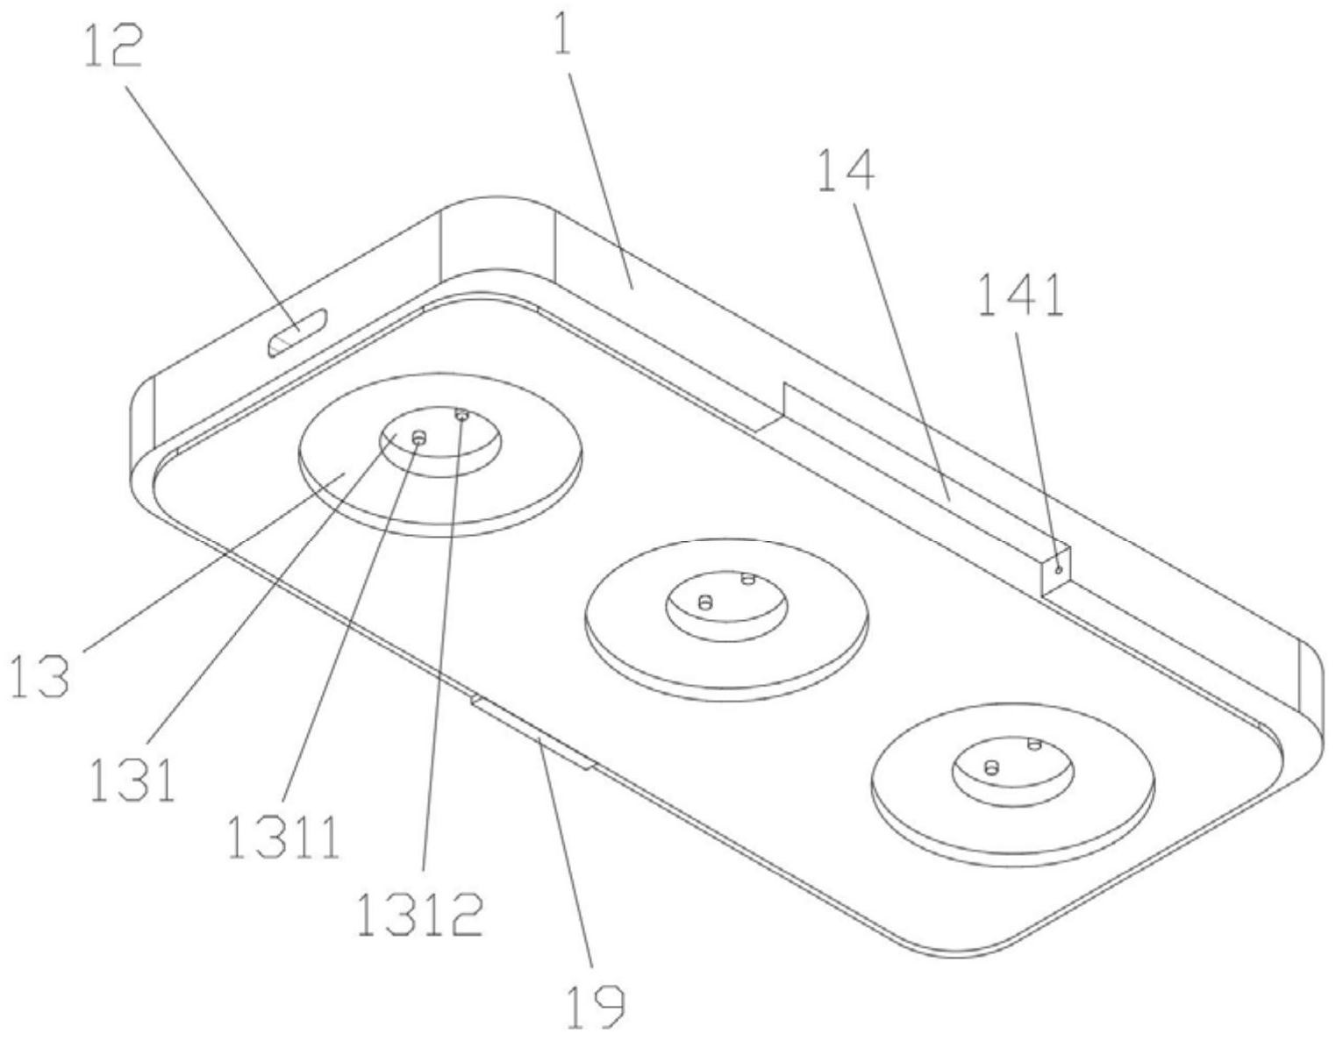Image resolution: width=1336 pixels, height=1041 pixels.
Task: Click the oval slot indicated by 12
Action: (x=297, y=333)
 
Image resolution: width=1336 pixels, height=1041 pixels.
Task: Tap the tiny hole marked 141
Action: (x=1058, y=570)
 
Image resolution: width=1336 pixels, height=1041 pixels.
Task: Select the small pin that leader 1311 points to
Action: (x=418, y=439)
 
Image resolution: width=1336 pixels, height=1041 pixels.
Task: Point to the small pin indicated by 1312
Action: (x=461, y=416)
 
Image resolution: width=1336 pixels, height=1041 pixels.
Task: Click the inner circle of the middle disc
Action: (x=726, y=603)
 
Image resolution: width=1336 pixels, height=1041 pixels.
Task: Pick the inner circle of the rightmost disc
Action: (x=1013, y=770)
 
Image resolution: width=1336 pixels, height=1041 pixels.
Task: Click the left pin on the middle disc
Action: (x=706, y=602)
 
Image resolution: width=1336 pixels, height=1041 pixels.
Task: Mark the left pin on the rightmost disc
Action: (x=991, y=767)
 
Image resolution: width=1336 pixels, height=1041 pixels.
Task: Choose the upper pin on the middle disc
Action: (x=747, y=578)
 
